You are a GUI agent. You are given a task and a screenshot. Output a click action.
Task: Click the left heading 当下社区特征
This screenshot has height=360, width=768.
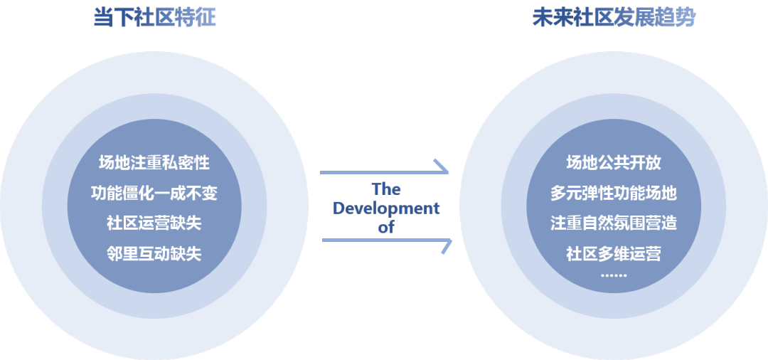tap(154, 18)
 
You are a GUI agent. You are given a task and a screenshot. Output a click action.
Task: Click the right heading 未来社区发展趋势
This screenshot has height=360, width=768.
tap(614, 18)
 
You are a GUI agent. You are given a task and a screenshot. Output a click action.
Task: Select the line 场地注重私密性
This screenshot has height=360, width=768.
tap(154, 162)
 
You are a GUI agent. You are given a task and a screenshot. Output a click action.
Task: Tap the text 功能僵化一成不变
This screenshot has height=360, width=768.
tap(154, 193)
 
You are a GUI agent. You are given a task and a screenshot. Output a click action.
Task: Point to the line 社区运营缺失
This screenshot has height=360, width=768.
tap(154, 223)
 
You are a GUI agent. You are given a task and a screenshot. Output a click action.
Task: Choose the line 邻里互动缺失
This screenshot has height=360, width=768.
tap(154, 253)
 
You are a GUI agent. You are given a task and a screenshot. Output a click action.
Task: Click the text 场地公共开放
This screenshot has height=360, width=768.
tap(614, 162)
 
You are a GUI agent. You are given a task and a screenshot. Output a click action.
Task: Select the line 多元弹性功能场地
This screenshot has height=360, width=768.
tap(614, 193)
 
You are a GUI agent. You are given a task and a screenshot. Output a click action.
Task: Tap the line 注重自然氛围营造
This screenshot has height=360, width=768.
tap(614, 223)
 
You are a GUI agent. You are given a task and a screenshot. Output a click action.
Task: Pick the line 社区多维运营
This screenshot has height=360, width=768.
tap(614, 253)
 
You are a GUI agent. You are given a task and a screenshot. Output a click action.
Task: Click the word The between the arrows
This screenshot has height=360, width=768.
tap(386, 189)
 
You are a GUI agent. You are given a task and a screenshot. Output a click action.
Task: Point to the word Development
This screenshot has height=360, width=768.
tap(386, 208)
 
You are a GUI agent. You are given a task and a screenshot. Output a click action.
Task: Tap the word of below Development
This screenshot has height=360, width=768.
tap(386, 227)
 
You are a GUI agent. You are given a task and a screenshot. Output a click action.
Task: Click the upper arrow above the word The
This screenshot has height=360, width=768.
tap(385, 171)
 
